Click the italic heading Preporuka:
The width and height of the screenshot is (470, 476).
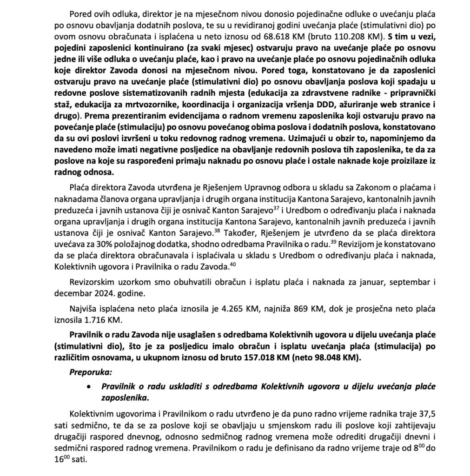[90, 373]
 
